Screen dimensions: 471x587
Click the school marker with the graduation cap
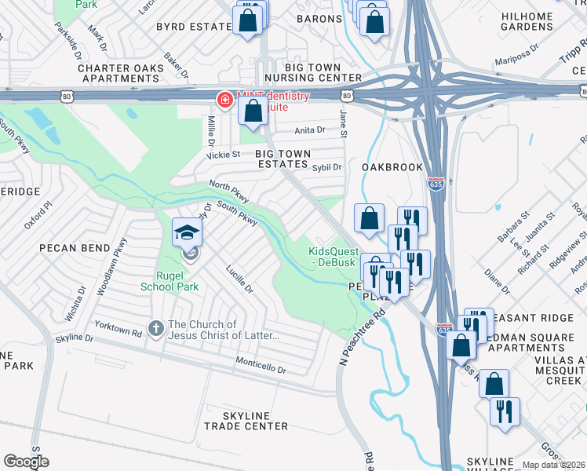pyautogui.click(x=188, y=232)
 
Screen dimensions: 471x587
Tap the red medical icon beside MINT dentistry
pyautogui.click(x=224, y=100)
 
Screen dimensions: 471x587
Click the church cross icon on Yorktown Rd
pyautogui.click(x=157, y=330)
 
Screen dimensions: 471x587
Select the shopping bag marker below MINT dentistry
pyautogui.click(x=253, y=113)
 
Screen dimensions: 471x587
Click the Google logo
pyautogui.click(x=26, y=462)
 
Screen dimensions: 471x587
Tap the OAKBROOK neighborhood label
pyautogui.click(x=392, y=167)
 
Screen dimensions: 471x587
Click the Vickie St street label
pyautogui.click(x=223, y=155)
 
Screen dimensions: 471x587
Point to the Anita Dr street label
pyautogui.click(x=309, y=131)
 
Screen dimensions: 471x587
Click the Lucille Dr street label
pyautogui.click(x=239, y=278)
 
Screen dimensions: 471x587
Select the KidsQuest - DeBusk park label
pyautogui.click(x=332, y=256)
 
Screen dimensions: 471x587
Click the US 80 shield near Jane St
pyautogui.click(x=347, y=96)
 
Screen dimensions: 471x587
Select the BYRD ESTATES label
pyautogui.click(x=194, y=26)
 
